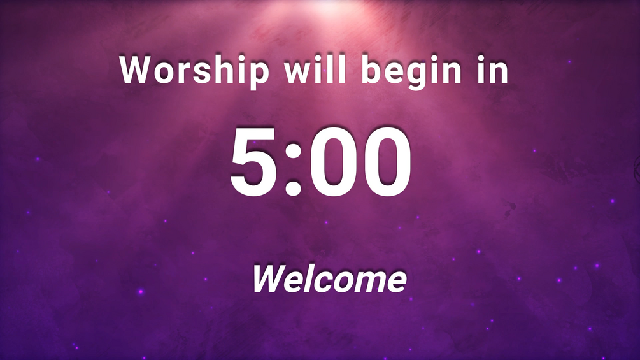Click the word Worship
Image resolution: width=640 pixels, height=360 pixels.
194,70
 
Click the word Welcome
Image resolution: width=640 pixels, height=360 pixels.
329,279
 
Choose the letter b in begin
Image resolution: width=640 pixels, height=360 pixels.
373,69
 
